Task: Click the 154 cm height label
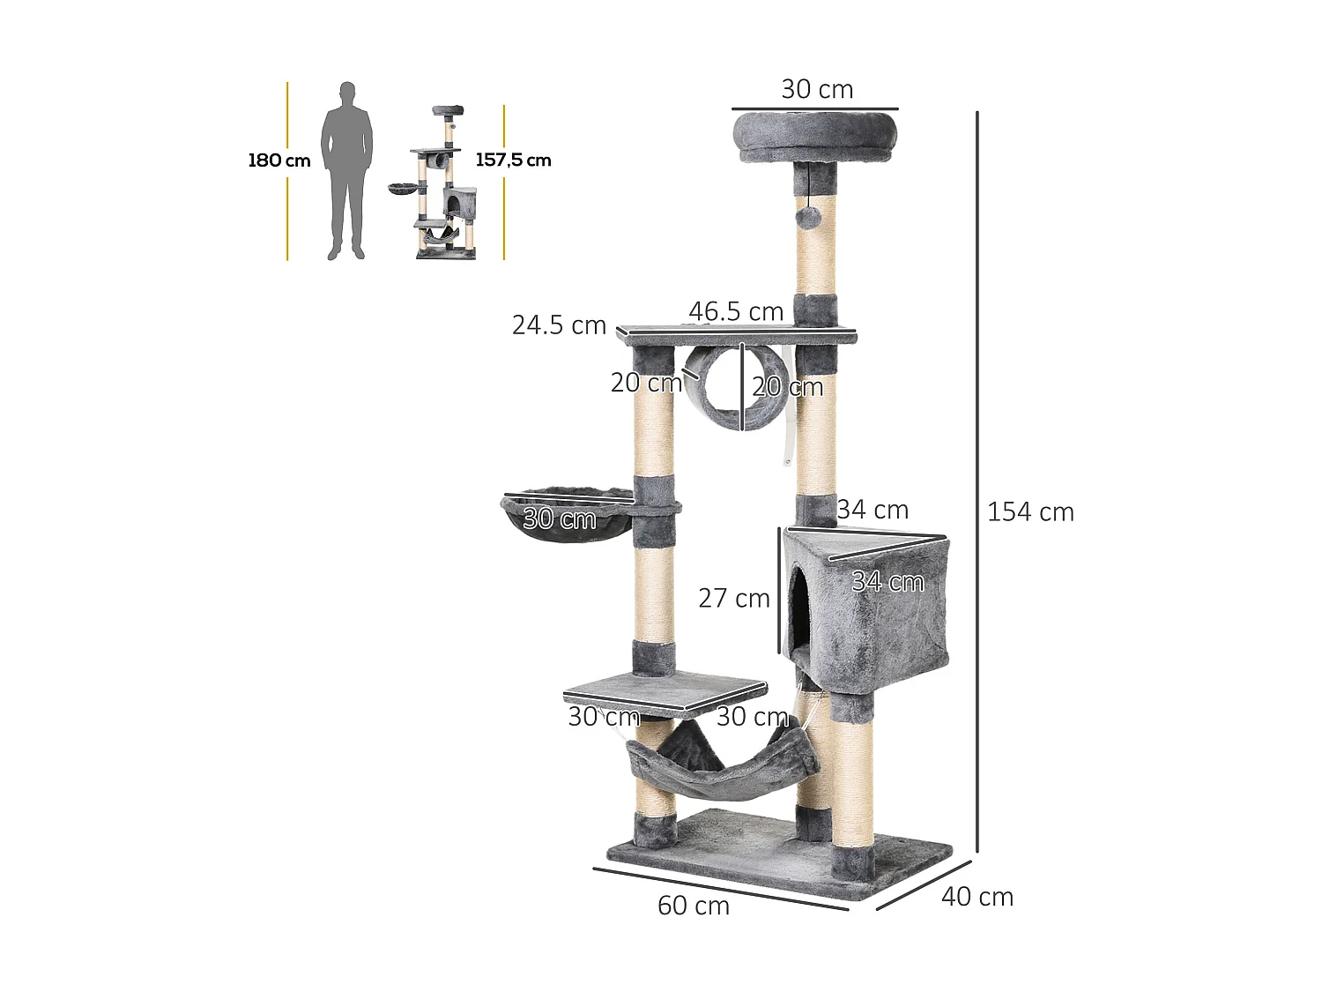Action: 1030,512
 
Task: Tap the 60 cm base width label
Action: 694,906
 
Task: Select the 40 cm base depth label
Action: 977,897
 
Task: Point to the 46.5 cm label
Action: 736,311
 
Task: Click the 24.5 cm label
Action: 559,325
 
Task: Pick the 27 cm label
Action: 734,598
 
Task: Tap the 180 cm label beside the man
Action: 279,160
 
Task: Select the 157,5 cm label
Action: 513,160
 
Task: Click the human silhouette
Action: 346,171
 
